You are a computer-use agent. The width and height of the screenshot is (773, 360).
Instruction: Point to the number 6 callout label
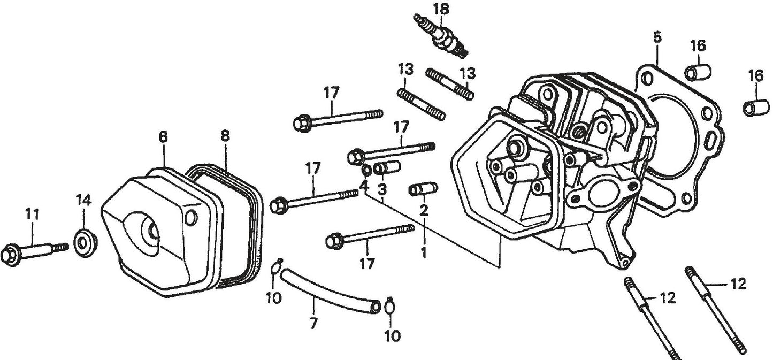tap(163, 137)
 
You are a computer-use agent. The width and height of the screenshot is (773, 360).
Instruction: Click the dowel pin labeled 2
tap(423, 189)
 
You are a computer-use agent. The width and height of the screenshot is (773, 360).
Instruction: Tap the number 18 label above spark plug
tap(441, 9)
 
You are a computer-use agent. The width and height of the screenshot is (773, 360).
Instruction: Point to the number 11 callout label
tap(33, 214)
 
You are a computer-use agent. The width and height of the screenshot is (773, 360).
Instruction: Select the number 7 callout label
tap(314, 323)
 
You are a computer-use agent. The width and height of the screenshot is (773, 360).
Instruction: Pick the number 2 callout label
tap(424, 210)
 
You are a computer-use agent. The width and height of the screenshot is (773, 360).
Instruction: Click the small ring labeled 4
tap(367, 170)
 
